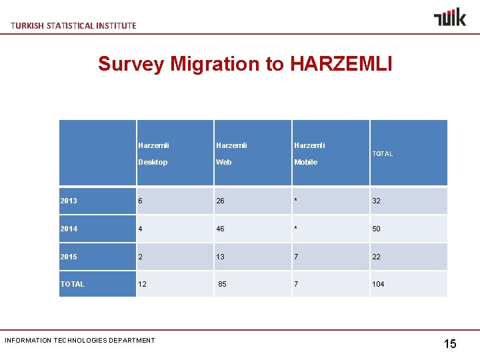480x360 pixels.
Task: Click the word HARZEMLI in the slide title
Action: pyautogui.click(x=341, y=64)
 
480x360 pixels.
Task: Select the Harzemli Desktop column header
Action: pyautogui.click(x=153, y=153)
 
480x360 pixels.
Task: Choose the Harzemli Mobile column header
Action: pyautogui.click(x=309, y=153)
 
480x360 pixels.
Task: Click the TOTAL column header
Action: pyautogui.click(x=383, y=154)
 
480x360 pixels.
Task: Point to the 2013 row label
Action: pyautogui.click(x=69, y=201)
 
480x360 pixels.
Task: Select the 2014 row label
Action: pyautogui.click(x=69, y=229)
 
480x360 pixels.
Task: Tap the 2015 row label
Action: pyautogui.click(x=69, y=257)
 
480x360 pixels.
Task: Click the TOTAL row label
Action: pyautogui.click(x=73, y=284)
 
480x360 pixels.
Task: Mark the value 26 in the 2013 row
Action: pyautogui.click(x=221, y=201)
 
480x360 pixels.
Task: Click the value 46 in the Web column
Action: pyautogui.click(x=221, y=229)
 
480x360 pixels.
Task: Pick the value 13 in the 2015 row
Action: pyautogui.click(x=221, y=257)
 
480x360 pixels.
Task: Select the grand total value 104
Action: pyautogui.click(x=378, y=284)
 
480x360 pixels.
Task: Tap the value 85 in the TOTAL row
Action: pyautogui.click(x=223, y=284)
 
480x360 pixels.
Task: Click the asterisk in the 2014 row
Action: pyautogui.click(x=296, y=229)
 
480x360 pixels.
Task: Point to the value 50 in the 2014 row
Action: pyautogui.click(x=377, y=229)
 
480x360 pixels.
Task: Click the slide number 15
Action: pyautogui.click(x=450, y=344)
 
